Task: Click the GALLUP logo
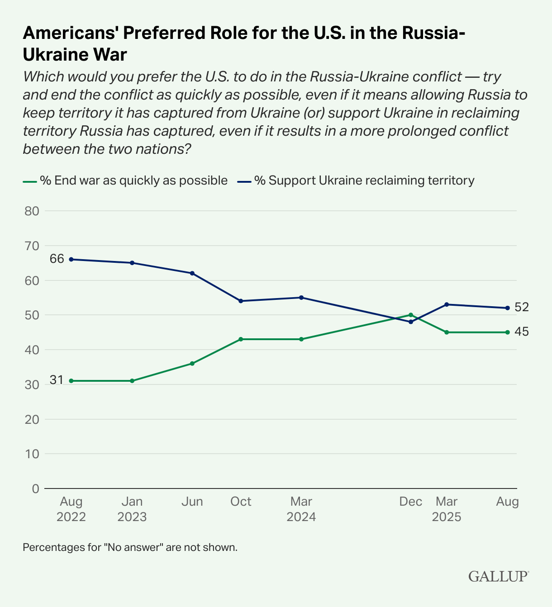coord(498,576)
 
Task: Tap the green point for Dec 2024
coord(411,315)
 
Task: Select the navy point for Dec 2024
coord(411,322)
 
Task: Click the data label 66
coord(57,259)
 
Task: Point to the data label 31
coord(57,380)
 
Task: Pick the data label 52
coord(522,308)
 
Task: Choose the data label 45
coord(522,332)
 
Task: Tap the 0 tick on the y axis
coord(36,488)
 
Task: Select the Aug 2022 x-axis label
coord(71,509)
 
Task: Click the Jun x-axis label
coord(192,502)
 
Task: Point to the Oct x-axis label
coord(241,502)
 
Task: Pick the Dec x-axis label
coord(411,502)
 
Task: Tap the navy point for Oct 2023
coord(241,301)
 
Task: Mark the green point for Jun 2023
coord(192,363)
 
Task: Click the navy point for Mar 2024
coord(301,298)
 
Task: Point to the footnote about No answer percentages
coord(130,547)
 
